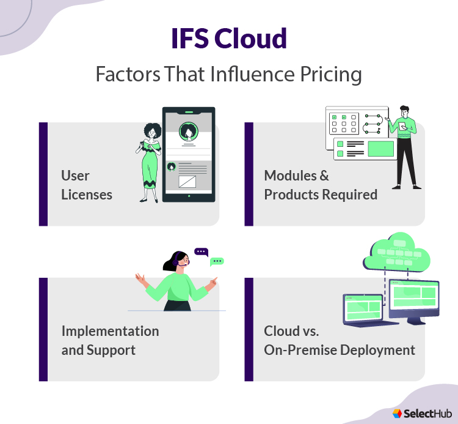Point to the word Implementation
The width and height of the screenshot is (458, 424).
110,331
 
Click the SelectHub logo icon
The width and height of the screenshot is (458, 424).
397,414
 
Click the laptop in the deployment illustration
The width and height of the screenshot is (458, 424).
364,308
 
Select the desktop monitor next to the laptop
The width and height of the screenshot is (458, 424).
415,297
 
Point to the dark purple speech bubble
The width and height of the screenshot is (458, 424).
201,251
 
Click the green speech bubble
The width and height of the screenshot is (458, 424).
216,261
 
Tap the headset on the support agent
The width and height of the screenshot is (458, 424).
181,262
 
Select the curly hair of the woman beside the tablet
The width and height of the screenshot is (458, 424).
151,130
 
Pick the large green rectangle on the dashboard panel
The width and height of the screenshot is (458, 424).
380,148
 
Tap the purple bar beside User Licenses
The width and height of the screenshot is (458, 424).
43,174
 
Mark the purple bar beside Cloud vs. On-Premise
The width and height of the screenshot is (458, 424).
249,329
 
